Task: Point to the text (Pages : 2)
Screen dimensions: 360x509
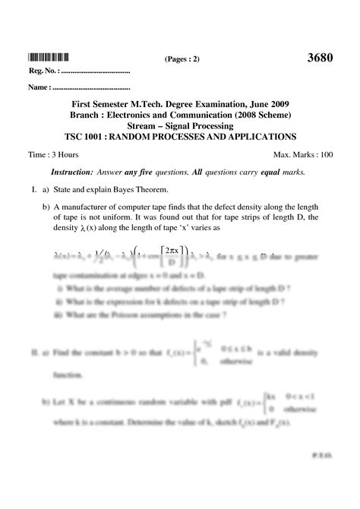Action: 182,58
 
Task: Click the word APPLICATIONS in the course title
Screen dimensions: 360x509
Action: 257,138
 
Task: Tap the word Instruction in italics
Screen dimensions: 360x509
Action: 71,172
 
